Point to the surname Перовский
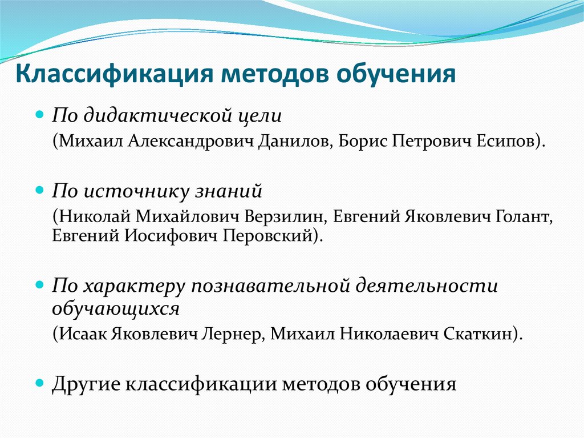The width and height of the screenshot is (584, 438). tap(276, 235)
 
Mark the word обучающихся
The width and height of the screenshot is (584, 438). tap(116, 309)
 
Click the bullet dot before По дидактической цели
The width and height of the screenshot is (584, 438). tap(40, 114)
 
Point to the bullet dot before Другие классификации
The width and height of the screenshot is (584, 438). tap(40, 382)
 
